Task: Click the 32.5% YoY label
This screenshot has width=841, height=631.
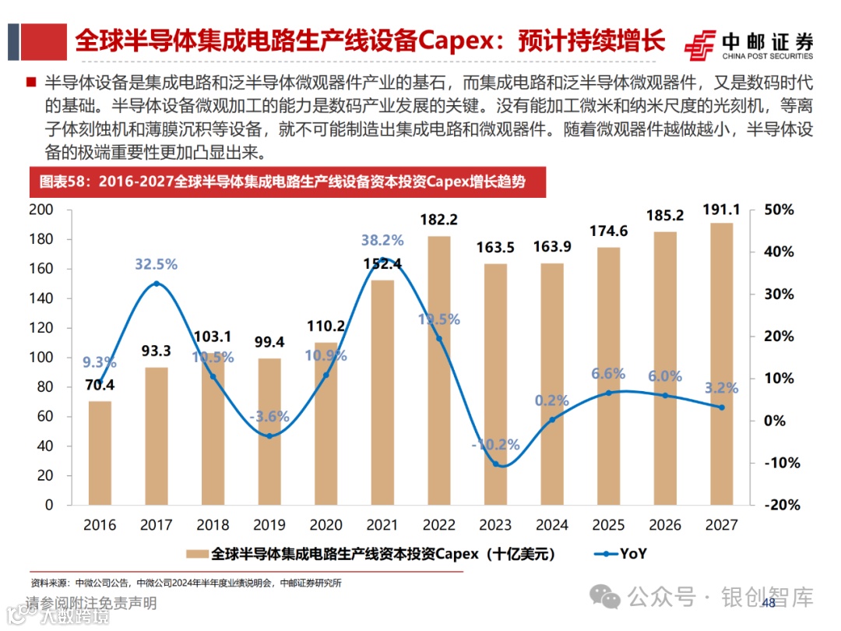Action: click(156, 264)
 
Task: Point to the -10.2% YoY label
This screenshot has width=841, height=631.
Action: click(495, 445)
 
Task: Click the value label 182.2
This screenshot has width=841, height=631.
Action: click(438, 220)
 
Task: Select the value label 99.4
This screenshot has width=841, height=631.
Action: click(269, 342)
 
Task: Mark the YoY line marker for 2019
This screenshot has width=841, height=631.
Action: click(269, 435)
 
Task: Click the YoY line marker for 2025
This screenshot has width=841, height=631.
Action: click(608, 393)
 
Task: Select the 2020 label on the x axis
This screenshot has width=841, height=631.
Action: click(325, 525)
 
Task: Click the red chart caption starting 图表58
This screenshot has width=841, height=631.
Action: click(282, 182)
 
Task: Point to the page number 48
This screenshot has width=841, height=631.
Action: click(768, 604)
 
